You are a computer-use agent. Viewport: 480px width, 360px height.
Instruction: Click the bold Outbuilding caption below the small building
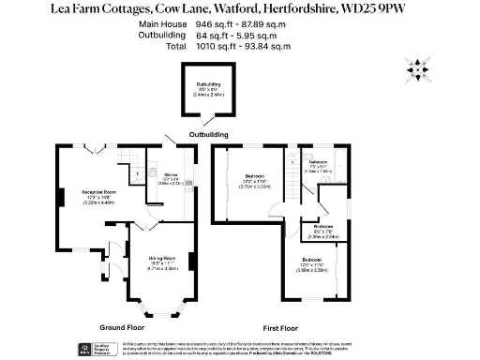(x=208, y=134)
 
